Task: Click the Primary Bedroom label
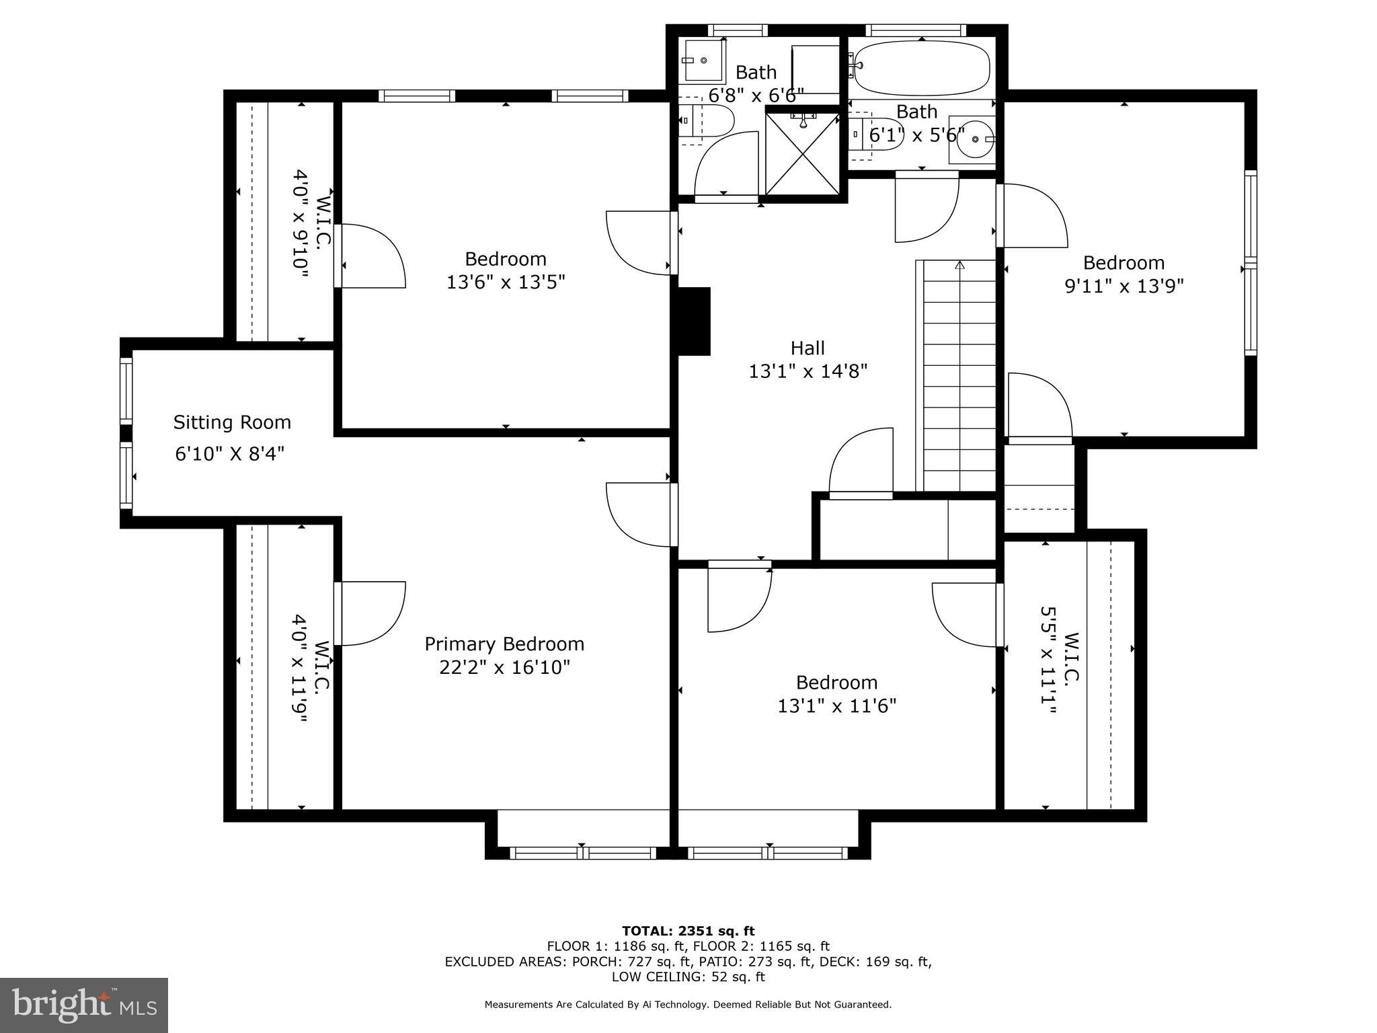coord(504,644)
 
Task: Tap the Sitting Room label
coord(232,422)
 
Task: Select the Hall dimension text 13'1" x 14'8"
coord(808,371)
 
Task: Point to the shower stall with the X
coord(802,153)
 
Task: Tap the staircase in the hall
coord(958,377)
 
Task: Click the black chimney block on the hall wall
coord(693,321)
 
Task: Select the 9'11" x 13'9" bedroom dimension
coord(1124,286)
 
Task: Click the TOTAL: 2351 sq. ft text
coord(688,931)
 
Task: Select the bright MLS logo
coord(84,1005)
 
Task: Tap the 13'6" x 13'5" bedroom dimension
coord(506,282)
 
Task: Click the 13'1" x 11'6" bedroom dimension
coord(836,706)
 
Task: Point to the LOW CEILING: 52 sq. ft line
coord(688,977)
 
